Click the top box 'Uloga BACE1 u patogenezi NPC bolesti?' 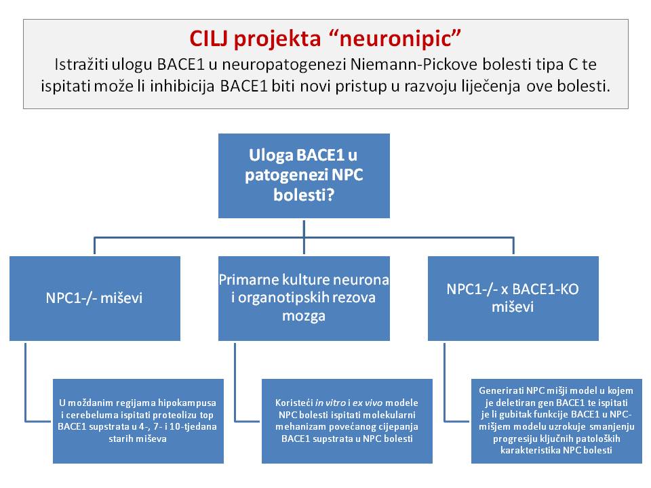pyautogui.click(x=304, y=176)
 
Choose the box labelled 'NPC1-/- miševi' pyautogui.click(x=94, y=298)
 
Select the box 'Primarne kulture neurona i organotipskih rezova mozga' pyautogui.click(x=304, y=298)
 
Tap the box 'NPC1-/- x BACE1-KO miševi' pyautogui.click(x=513, y=298)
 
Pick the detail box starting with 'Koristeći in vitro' pyautogui.click(x=347, y=421)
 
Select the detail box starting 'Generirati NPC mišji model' pyautogui.click(x=556, y=421)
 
